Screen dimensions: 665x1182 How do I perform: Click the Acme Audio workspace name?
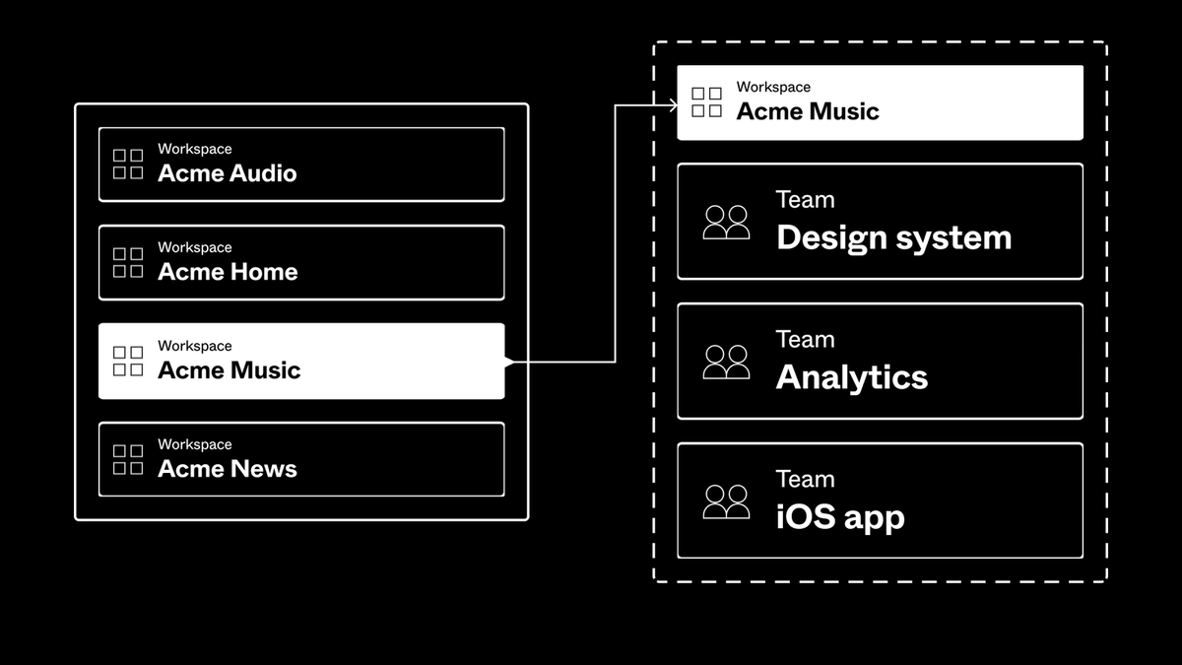[x=227, y=174]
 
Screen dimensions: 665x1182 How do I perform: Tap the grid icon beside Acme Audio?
[x=128, y=165]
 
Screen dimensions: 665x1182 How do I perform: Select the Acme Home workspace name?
[x=228, y=273]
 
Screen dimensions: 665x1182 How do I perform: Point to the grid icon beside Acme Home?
[x=128, y=263]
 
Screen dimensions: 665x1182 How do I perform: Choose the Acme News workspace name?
[x=228, y=470]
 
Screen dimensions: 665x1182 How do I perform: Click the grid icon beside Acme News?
[x=128, y=460]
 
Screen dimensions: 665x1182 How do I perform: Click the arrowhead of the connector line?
[x=674, y=104]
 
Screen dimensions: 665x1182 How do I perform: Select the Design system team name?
[x=893, y=238]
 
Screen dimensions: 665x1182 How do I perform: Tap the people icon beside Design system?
[x=726, y=223]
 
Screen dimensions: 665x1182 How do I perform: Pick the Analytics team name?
[x=852, y=378]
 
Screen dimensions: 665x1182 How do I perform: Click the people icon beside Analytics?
[x=726, y=363]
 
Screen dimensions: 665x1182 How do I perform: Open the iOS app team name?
[x=840, y=518]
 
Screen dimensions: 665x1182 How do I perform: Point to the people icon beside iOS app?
[x=726, y=502]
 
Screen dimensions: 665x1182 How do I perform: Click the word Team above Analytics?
[x=805, y=340]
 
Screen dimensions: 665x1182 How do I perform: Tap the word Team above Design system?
[x=805, y=200]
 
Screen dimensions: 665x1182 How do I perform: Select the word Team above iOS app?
[x=805, y=480]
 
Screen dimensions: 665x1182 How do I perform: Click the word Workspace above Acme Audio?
[x=195, y=150]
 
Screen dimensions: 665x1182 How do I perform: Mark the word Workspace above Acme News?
[x=195, y=445]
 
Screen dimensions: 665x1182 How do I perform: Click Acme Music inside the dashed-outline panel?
[x=808, y=111]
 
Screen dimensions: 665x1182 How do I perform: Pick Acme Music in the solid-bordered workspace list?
[x=229, y=371]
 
